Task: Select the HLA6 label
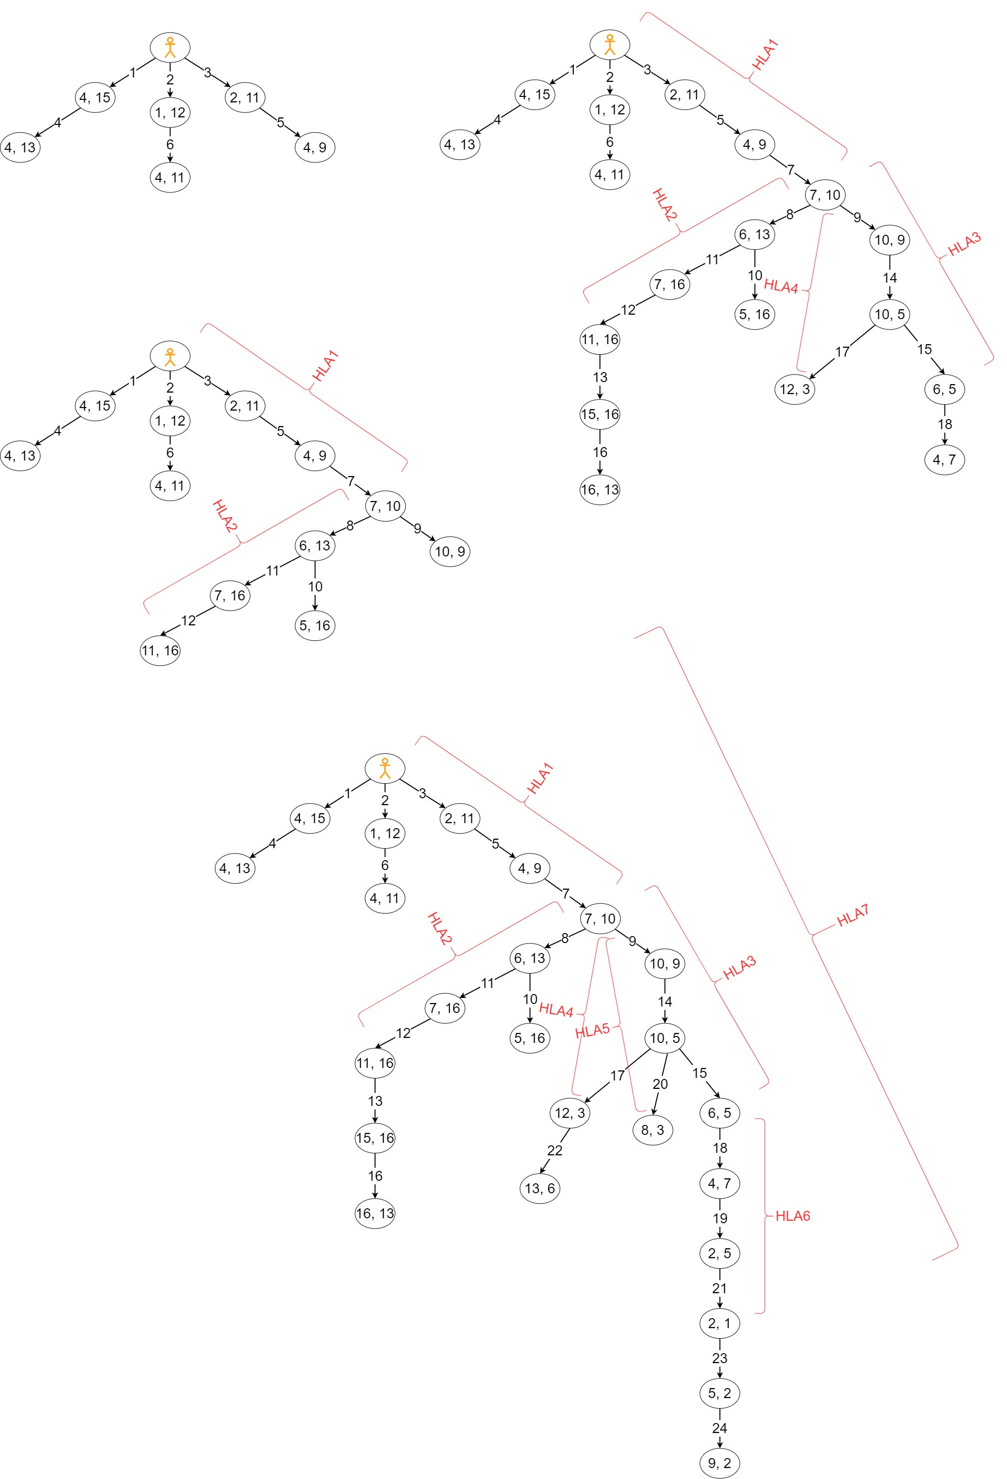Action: pyautogui.click(x=793, y=1216)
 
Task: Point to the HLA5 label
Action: pyautogui.click(x=592, y=1030)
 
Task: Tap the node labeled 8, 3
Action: pyautogui.click(x=653, y=1130)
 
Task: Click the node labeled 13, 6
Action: pyautogui.click(x=540, y=1188)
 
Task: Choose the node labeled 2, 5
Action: pyautogui.click(x=719, y=1253)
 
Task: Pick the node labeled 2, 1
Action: pyautogui.click(x=719, y=1323)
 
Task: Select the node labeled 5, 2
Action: pyautogui.click(x=719, y=1393)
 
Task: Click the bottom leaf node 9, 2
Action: pyautogui.click(x=719, y=1463)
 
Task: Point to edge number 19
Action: pyautogui.click(x=719, y=1218)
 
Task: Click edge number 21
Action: pyautogui.click(x=719, y=1288)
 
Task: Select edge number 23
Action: pyautogui.click(x=719, y=1358)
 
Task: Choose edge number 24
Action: pyautogui.click(x=719, y=1428)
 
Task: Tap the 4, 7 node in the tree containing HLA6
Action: pyautogui.click(x=719, y=1183)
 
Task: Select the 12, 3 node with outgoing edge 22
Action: pyautogui.click(x=570, y=1112)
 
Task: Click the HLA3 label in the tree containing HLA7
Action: pyautogui.click(x=740, y=968)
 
